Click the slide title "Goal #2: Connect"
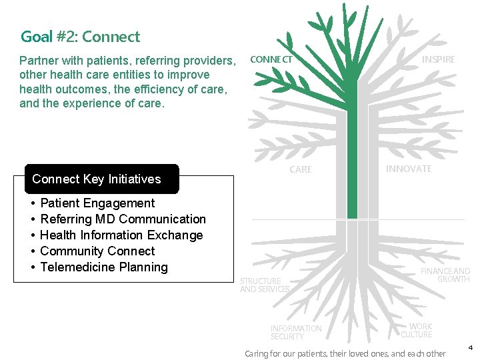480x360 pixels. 80,37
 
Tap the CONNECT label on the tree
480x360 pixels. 271,59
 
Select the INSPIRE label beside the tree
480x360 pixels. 438,59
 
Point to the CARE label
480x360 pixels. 300,169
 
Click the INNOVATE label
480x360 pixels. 408,169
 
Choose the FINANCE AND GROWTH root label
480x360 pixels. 445,275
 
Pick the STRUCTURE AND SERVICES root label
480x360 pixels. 264,285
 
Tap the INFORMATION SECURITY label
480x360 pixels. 295,332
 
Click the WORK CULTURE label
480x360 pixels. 417,331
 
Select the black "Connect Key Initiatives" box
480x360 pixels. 101,179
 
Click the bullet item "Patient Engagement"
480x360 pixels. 97,203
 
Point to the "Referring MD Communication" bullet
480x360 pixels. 123,219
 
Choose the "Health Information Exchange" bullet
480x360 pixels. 121,235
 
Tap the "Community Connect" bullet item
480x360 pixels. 97,251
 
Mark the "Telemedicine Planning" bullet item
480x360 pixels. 104,267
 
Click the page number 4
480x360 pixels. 469,347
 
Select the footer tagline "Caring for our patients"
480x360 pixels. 345,353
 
